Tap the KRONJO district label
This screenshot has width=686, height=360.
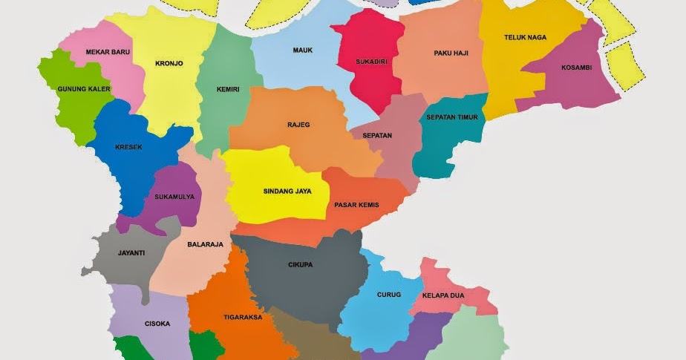click(169, 64)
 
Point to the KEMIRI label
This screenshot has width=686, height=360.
click(228, 90)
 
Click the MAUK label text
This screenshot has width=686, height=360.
click(302, 50)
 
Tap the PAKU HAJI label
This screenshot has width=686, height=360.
click(450, 53)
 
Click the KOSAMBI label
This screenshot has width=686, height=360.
click(576, 68)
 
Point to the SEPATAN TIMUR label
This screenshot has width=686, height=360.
click(451, 117)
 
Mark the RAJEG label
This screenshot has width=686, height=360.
click(298, 125)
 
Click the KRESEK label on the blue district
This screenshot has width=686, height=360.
click(128, 147)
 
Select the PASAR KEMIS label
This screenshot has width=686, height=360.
click(356, 205)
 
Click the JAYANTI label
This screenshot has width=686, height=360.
click(131, 252)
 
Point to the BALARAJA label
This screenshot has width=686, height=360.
click(205, 244)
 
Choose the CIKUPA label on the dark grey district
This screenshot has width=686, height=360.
click(301, 264)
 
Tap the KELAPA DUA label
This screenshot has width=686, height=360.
click(443, 295)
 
